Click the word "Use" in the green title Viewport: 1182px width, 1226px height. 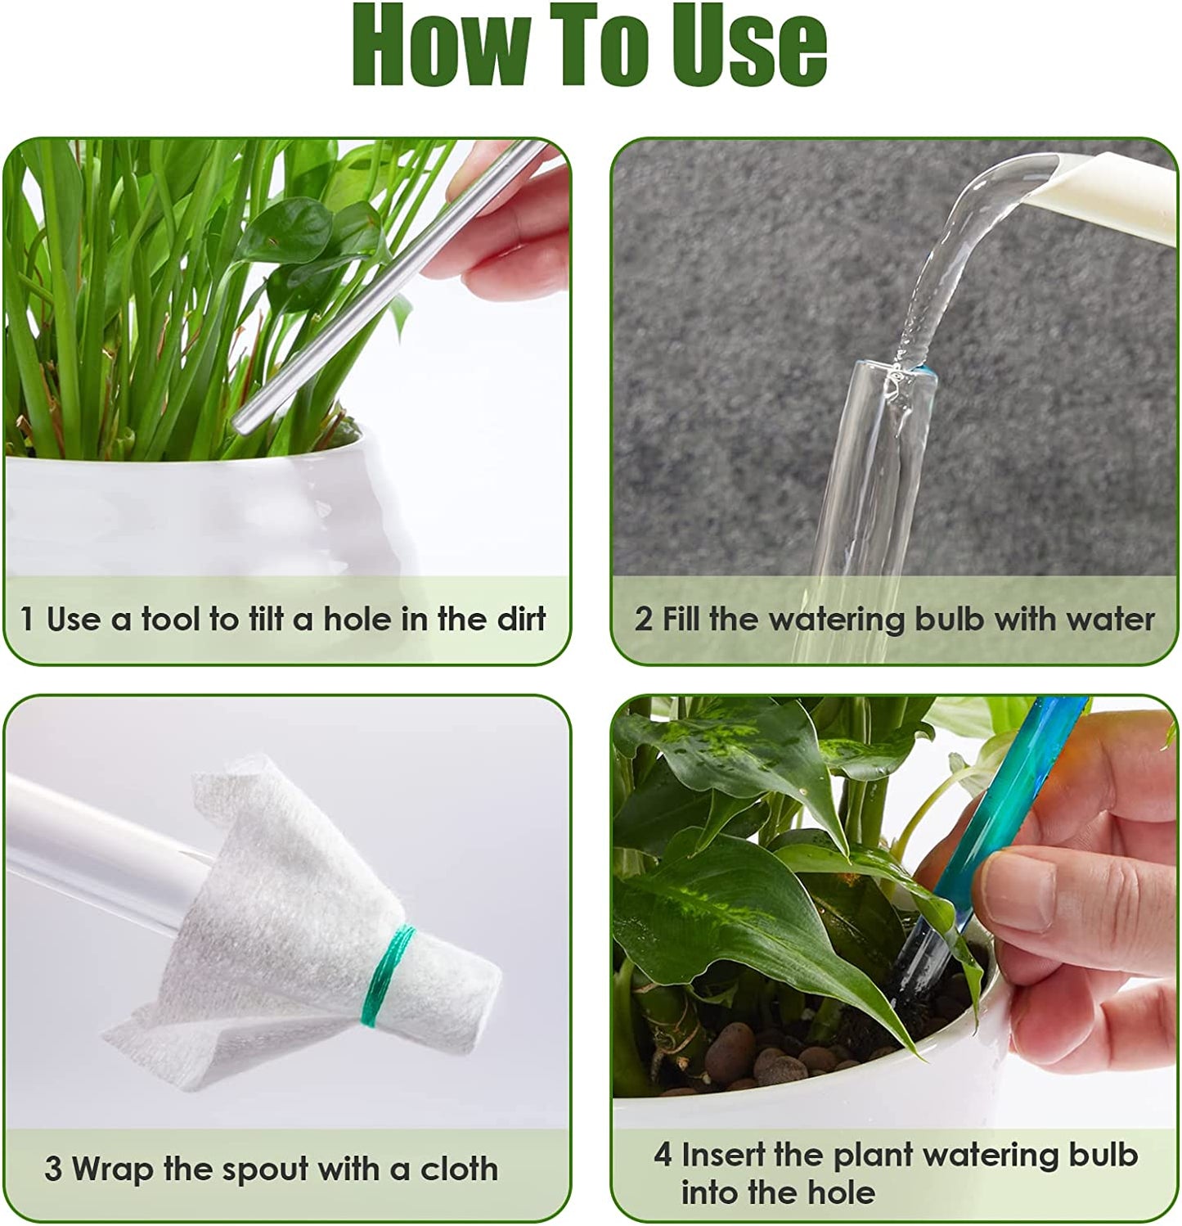[x=743, y=46]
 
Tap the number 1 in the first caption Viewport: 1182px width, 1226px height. [x=28, y=620]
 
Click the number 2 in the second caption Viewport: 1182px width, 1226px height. [x=644, y=620]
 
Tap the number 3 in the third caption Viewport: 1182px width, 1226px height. [x=53, y=1169]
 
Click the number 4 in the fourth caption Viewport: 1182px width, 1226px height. [x=663, y=1155]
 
